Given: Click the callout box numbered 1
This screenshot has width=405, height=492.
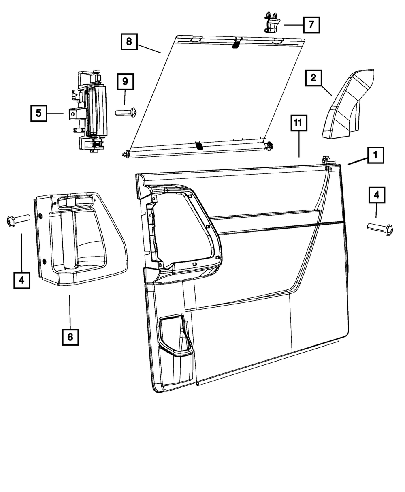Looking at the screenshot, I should tap(376, 155).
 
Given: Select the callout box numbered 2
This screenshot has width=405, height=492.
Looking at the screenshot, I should tap(313, 77).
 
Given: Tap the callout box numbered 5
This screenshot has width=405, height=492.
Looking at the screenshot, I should tap(38, 113).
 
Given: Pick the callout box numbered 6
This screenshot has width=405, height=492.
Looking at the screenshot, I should tap(70, 337).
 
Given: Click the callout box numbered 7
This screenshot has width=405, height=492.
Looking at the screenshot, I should tap(310, 24).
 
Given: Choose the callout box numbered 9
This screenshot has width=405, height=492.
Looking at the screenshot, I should tap(125, 82).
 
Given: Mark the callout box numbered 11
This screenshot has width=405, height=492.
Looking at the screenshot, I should tap(298, 123).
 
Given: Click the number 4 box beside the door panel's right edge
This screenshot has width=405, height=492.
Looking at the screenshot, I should tap(377, 195).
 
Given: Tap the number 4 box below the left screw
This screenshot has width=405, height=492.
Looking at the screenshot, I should tap(21, 280).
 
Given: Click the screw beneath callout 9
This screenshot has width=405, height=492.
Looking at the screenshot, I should tap(126, 111).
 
